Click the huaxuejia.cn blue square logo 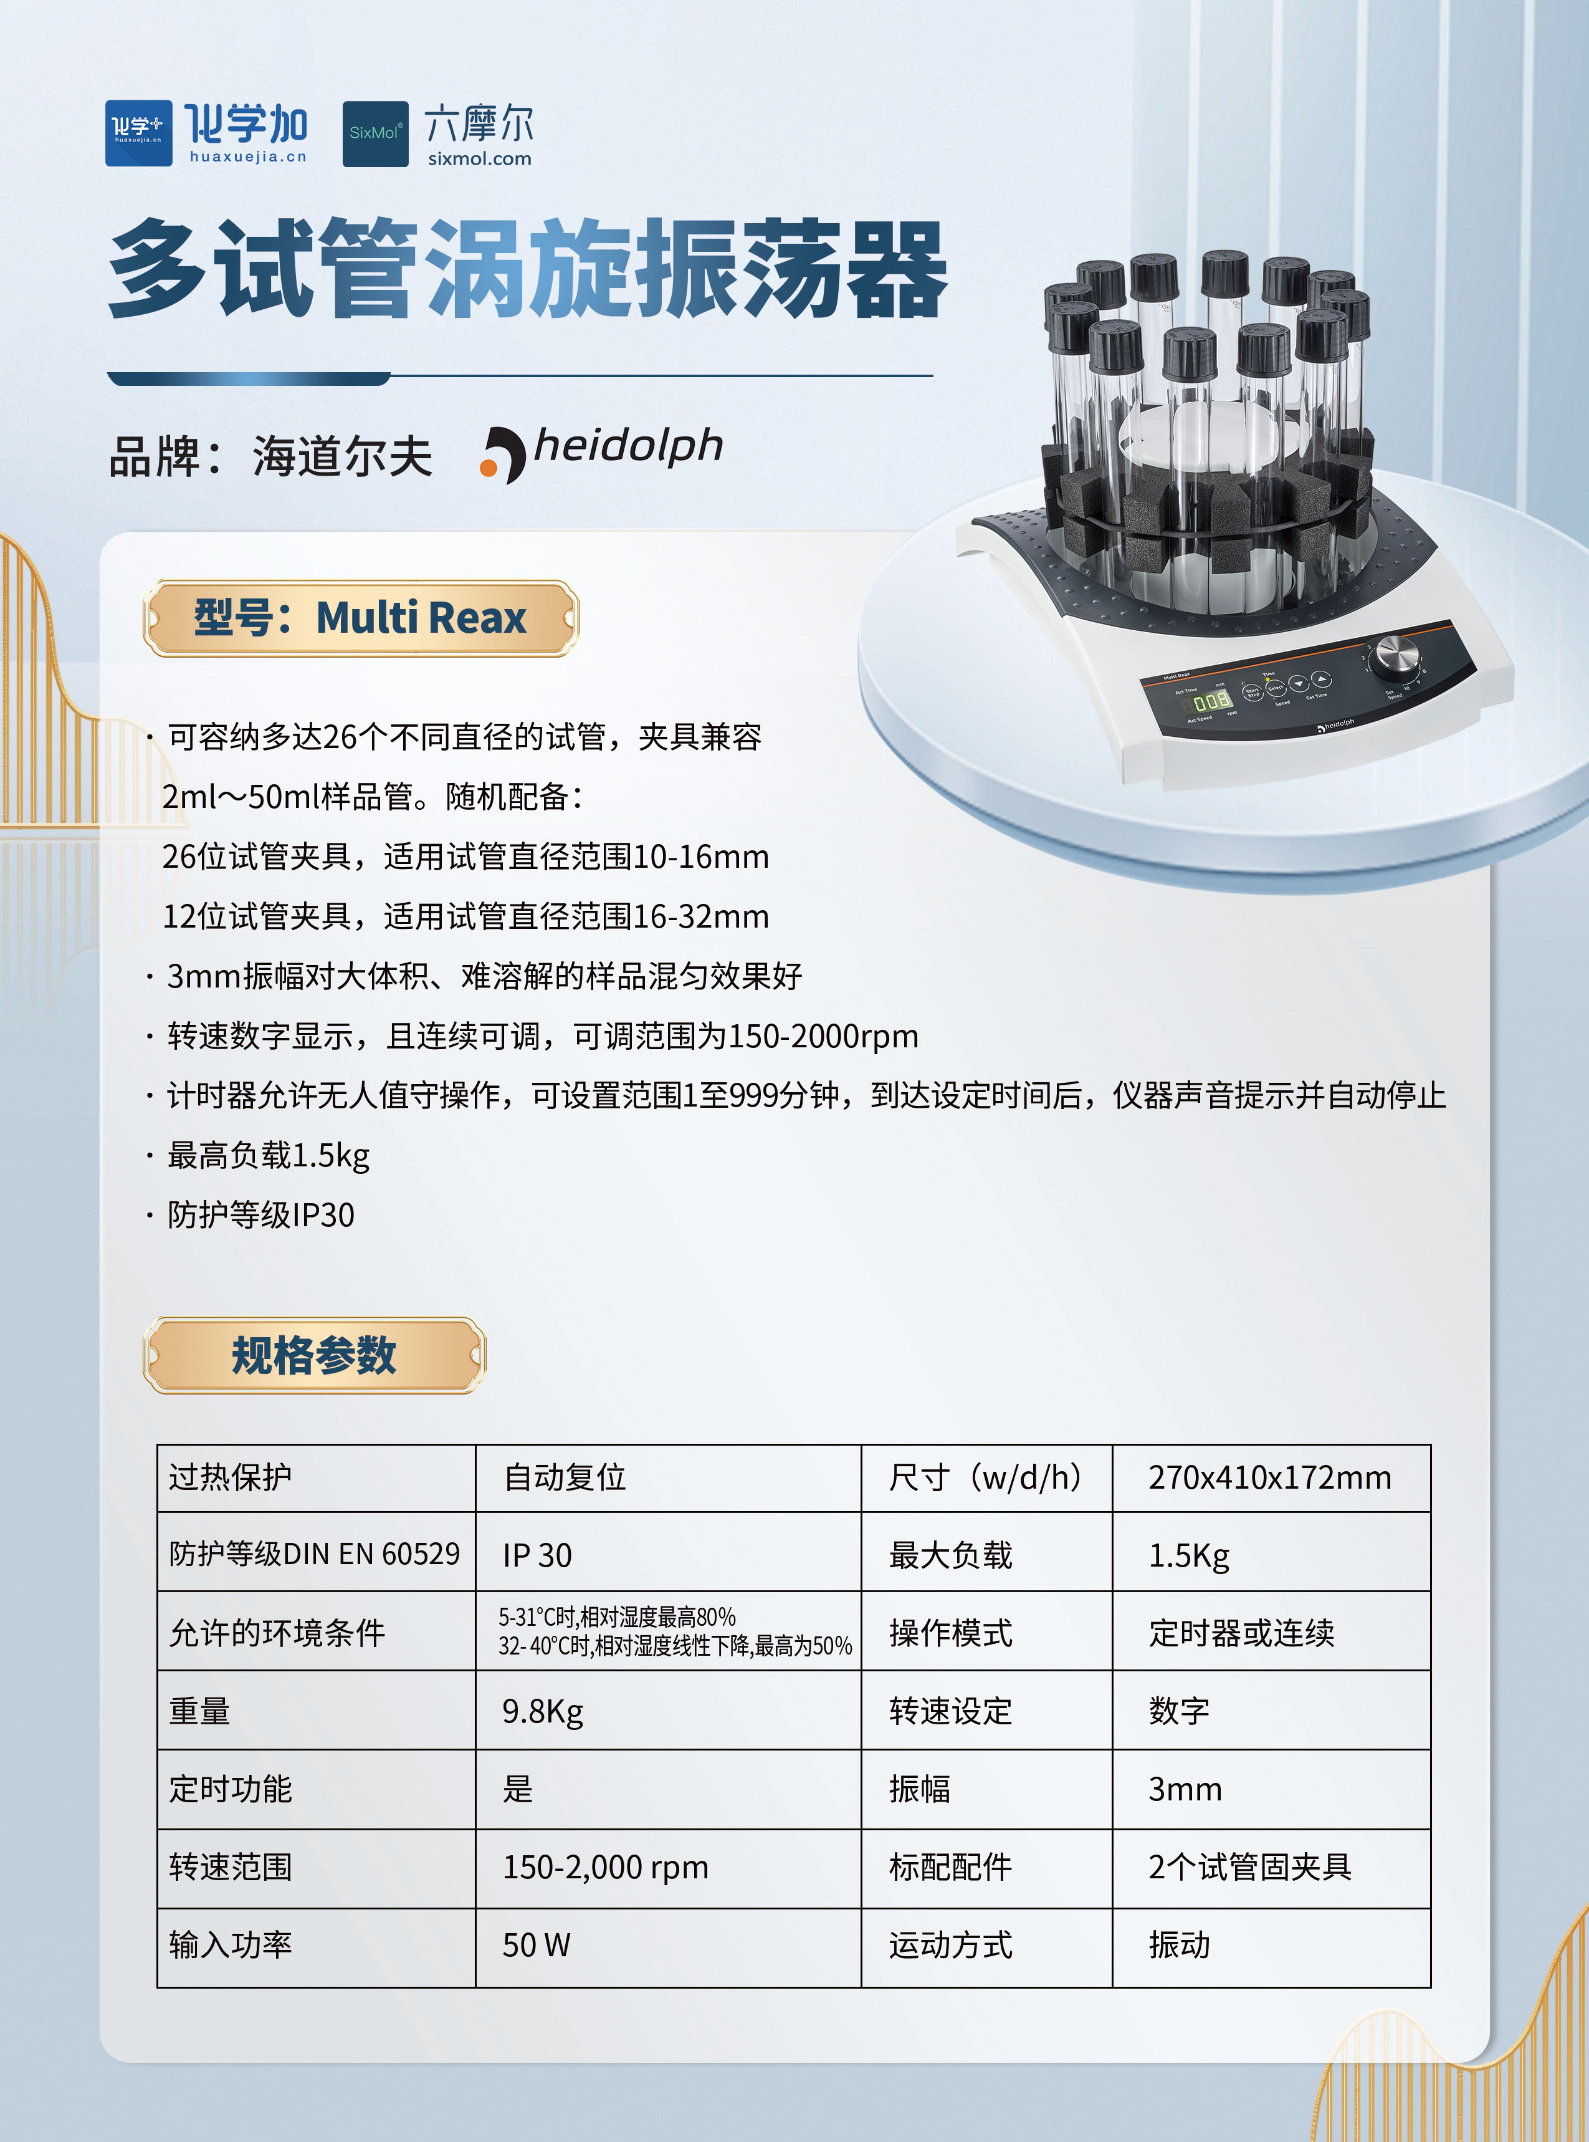pos(138,133)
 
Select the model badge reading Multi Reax pos(361,618)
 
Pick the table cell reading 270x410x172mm pos(1270,1477)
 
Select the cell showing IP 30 pos(537,1555)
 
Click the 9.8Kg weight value pos(543,1711)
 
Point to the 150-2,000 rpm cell pos(605,1867)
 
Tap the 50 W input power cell pos(536,1945)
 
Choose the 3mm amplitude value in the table pos(1185,1789)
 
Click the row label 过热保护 pos(230,1477)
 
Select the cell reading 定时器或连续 pos(1241,1633)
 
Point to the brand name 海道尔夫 pos(343,456)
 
